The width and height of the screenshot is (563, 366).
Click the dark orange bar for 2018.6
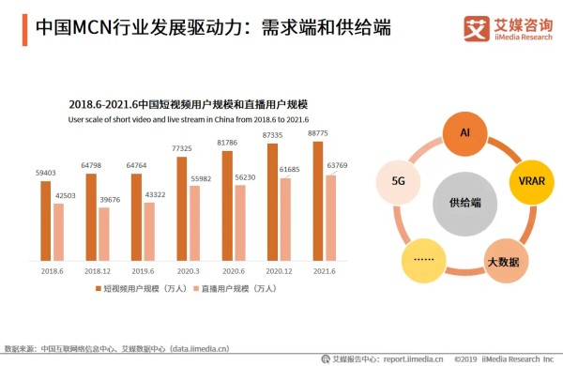[46, 221]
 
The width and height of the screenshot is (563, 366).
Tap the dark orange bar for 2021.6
[318, 201]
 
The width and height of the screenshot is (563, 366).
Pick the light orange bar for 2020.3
[193, 222]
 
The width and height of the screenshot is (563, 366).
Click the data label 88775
[317, 133]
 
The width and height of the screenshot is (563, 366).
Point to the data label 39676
[104, 200]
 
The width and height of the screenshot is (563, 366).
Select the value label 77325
[181, 148]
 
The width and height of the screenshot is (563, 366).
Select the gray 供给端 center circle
[464, 202]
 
